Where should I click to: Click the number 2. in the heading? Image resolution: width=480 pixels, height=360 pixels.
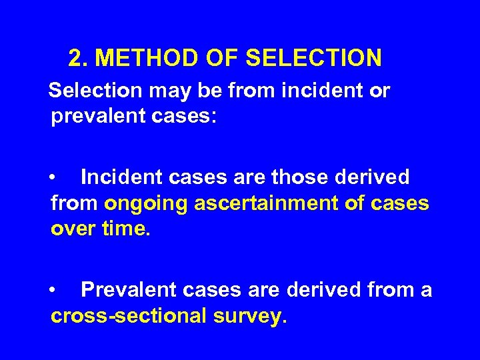pos(79,58)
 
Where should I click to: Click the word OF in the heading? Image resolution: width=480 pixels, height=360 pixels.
pos(215,58)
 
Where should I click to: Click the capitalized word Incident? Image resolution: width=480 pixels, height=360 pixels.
pos(119,177)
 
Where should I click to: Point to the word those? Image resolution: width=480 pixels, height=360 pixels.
pos(300,177)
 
